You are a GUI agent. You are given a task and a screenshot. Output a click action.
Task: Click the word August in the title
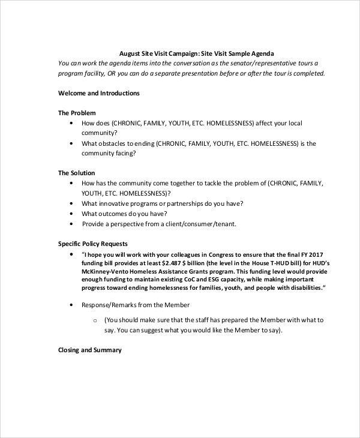click(130, 53)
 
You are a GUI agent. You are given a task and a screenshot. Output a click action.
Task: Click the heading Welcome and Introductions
click(98, 93)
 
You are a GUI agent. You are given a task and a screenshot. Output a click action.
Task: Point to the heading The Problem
click(77, 113)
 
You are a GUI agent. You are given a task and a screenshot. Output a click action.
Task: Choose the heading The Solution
click(76, 173)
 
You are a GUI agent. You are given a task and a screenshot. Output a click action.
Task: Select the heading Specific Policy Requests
click(92, 244)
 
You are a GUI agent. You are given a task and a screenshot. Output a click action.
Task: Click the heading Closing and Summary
click(89, 350)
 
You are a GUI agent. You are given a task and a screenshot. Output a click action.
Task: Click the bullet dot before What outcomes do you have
click(71, 214)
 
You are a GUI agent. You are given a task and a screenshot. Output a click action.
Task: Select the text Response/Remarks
click(109, 305)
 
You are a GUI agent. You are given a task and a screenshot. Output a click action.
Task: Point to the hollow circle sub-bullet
click(95, 320)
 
